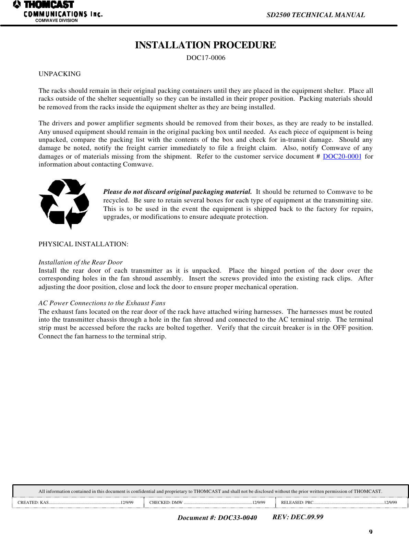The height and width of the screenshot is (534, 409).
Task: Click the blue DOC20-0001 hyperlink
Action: click(342, 157)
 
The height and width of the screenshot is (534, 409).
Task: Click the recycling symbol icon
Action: click(64, 203)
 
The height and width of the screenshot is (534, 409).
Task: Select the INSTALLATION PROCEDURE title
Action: click(205, 45)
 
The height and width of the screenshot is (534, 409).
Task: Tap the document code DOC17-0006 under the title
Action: click(206, 58)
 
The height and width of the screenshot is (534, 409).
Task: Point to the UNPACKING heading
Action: click(60, 74)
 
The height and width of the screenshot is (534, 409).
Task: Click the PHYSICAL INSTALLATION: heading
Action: click(83, 244)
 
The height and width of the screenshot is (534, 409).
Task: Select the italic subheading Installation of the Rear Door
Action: click(80, 262)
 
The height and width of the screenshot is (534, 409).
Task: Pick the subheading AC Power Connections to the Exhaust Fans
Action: click(102, 303)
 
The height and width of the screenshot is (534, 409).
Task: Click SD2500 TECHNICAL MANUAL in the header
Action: click(315, 15)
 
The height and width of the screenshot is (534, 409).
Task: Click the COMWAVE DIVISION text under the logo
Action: click(57, 21)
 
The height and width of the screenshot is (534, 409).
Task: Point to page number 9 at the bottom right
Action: click(371, 532)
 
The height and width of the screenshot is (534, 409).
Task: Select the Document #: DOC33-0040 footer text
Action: click(217, 518)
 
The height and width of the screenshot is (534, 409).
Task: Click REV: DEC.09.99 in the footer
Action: click(298, 517)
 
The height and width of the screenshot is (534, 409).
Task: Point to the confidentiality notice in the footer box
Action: click(210, 491)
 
